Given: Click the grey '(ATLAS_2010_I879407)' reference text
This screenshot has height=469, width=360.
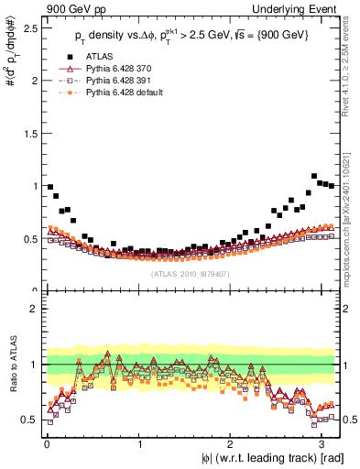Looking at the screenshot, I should (191, 273).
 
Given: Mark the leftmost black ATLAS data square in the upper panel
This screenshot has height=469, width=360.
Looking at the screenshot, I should (50, 187).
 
